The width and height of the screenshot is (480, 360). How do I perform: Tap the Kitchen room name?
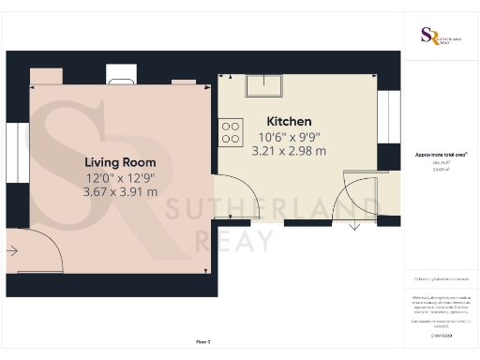coord(289,122)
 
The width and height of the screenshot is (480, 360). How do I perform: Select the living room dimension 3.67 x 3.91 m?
coord(120,191)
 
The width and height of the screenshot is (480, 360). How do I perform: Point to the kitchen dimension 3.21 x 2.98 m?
coord(289,151)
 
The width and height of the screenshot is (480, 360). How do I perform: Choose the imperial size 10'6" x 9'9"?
coord(289,137)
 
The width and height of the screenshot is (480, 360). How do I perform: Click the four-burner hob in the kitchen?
coord(232,129)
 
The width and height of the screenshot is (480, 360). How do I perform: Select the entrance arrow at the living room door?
coord(10,250)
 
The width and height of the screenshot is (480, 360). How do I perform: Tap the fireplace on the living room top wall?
coord(122,76)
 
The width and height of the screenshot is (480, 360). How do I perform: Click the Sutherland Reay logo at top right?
coord(440,37)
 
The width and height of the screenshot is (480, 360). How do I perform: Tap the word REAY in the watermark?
coord(235,241)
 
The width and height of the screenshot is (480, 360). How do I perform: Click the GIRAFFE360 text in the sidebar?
coord(441,335)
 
